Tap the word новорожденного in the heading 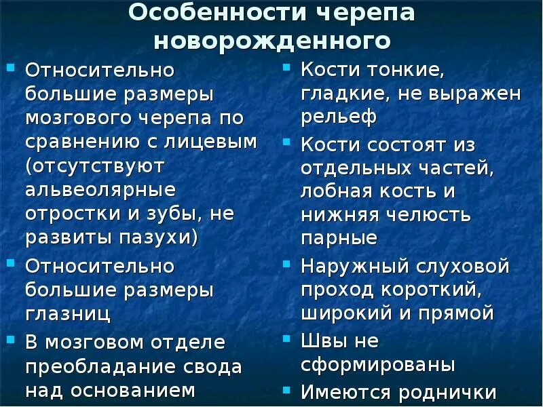tap(271, 41)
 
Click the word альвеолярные tap(100, 189)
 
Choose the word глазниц tap(68, 314)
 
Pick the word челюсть tap(428, 215)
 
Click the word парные tap(339, 239)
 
